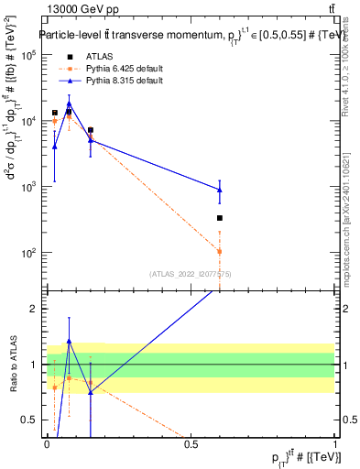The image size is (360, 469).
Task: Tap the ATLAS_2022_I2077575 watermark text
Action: [x=190, y=274]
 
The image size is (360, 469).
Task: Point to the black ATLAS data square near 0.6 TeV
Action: [x=220, y=218]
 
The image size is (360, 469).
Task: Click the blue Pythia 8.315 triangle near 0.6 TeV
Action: [x=220, y=190]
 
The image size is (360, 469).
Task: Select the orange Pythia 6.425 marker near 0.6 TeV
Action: [x=220, y=251]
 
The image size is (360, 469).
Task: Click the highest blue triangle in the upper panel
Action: [x=69, y=104]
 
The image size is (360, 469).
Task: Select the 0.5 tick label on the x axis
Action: [x=191, y=444]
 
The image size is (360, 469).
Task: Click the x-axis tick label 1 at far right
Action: [x=335, y=444]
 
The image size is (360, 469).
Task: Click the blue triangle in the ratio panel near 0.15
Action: [x=91, y=391]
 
